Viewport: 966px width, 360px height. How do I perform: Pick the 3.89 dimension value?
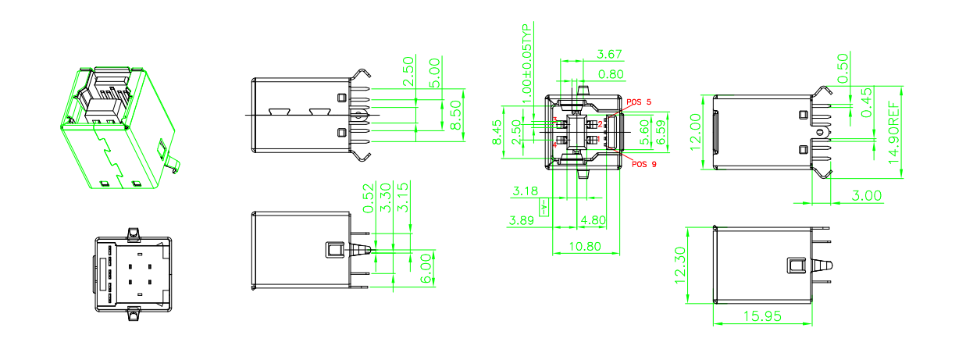coord(522,220)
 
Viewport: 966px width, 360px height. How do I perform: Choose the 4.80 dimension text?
coord(593,220)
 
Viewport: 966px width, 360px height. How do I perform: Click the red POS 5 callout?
coord(638,102)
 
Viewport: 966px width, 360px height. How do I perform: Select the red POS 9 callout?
coord(643,165)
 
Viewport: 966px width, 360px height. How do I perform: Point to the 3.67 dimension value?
coord(609,54)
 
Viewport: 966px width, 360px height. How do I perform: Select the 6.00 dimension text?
coord(427,267)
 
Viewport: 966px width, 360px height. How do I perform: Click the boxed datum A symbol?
coord(544,206)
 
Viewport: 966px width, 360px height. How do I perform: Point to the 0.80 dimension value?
coord(611,74)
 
